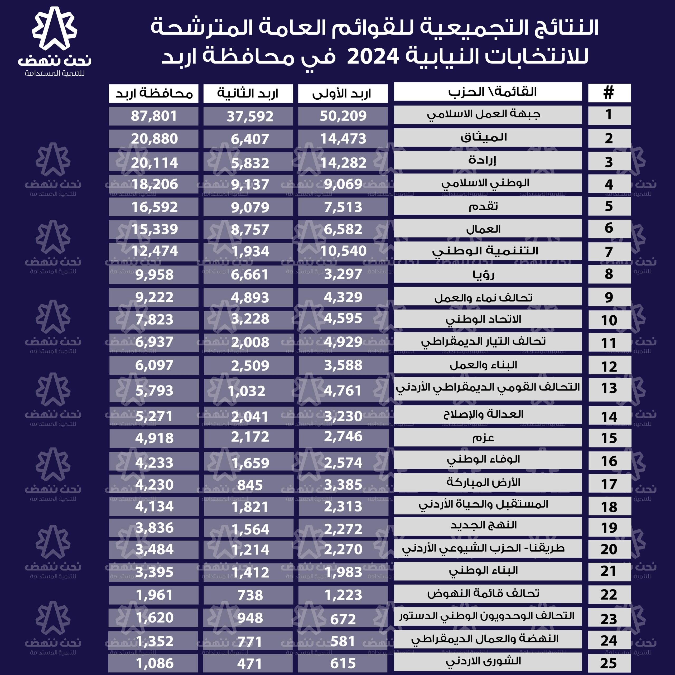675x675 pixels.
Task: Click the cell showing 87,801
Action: (154, 116)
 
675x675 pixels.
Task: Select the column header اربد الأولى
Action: (343, 93)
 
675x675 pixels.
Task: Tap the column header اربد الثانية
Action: (248, 93)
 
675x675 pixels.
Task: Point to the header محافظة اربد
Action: (154, 93)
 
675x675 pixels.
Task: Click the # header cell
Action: (609, 93)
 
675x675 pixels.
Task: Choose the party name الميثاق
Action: (484, 138)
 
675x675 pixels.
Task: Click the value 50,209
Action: (343, 116)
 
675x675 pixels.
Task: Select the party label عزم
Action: (483, 437)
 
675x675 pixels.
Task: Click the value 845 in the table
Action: (250, 485)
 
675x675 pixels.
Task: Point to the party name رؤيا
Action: (484, 274)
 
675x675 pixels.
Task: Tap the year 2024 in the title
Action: (373, 56)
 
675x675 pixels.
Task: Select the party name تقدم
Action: (483, 206)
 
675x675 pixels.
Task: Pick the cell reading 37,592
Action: (250, 116)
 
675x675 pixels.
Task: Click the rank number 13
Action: (609, 388)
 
